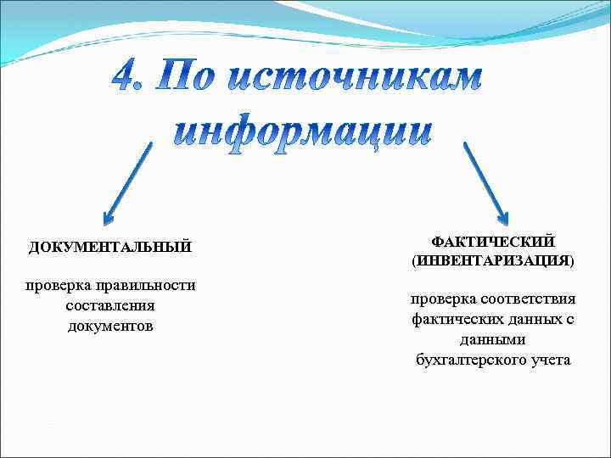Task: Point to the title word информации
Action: click(304, 131)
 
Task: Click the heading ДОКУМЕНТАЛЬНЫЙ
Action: click(110, 247)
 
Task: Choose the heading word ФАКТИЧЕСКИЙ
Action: click(493, 243)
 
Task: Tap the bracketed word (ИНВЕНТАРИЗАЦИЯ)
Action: click(493, 261)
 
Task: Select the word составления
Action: click(110, 305)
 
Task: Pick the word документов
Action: click(110, 326)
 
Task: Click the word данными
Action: click(493, 340)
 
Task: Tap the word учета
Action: click(550, 360)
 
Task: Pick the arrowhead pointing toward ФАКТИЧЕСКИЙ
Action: click(501, 218)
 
